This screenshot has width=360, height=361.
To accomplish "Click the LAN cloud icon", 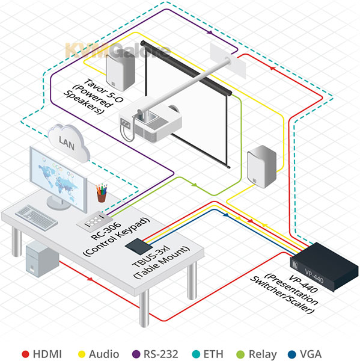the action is (69, 143).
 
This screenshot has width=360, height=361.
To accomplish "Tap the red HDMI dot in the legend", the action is (25, 354).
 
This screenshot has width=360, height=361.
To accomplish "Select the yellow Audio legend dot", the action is (82, 354).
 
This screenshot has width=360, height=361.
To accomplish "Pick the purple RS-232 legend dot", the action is (136, 354).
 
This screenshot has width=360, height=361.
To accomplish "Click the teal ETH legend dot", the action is (196, 354).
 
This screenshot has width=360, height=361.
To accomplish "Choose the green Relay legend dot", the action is (240, 354).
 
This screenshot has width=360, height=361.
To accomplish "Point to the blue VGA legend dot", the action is (292, 354).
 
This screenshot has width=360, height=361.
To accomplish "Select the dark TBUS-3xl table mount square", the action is (139, 246).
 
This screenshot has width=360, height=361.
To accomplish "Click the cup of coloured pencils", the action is (102, 193).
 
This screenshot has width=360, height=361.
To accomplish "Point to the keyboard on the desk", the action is (36, 217).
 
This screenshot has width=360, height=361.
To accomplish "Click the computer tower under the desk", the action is (42, 259).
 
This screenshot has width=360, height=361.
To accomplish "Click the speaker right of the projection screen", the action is (261, 167).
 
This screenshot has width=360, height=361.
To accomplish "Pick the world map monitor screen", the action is (58, 179).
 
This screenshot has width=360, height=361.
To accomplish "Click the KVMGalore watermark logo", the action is (117, 50).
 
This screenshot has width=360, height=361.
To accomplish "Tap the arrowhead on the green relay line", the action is (195, 185).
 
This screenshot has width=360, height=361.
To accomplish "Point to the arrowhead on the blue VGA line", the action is (226, 215).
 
